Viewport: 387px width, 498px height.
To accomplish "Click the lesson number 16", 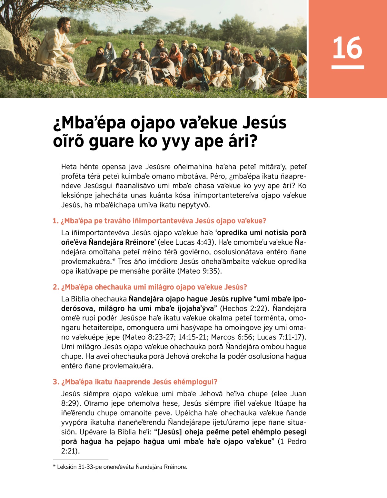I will point(347,48).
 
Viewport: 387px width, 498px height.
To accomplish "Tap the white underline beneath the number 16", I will point(347,67).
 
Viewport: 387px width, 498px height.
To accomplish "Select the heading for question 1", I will point(159,221).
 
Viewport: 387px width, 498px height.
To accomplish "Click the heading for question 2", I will point(150,287).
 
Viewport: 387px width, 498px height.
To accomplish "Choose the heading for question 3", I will point(135,382).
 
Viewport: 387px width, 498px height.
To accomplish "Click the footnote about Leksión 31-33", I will point(120,467).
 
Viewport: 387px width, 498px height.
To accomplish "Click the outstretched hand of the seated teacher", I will point(86,41).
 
